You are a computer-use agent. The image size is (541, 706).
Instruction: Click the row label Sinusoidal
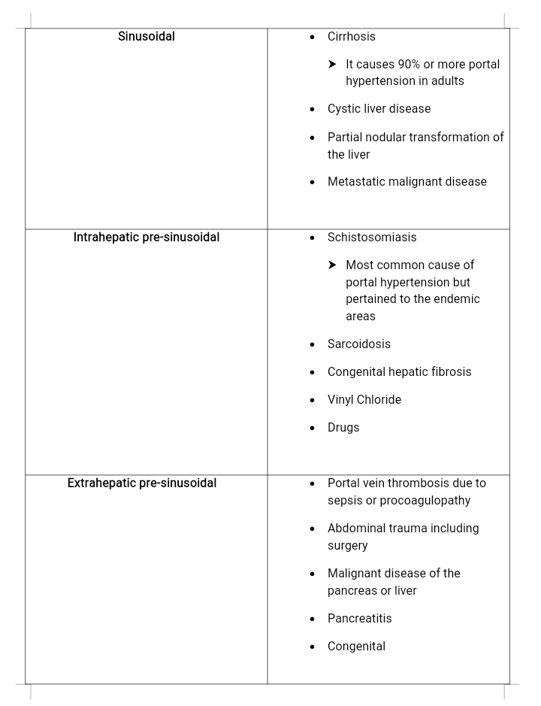147,36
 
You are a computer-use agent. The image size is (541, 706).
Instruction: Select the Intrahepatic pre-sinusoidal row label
147,238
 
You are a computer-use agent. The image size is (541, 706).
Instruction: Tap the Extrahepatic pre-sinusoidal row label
142,483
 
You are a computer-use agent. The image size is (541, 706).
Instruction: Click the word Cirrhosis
351,37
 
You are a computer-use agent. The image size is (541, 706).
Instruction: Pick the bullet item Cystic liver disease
379,109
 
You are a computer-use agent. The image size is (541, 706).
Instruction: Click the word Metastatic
355,182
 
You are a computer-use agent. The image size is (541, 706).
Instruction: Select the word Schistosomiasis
371,238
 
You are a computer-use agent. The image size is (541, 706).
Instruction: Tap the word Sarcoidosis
358,344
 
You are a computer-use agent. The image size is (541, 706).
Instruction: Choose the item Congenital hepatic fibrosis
399,372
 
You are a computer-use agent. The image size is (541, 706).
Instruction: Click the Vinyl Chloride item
364,400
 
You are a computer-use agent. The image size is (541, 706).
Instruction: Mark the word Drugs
343,428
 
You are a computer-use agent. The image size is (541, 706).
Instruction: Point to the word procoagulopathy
425,501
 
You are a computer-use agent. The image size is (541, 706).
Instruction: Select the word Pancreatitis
359,619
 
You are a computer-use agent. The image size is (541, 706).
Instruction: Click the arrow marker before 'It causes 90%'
332,65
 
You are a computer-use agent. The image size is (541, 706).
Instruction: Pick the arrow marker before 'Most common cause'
332,265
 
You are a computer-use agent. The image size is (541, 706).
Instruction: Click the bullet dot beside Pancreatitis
312,619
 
